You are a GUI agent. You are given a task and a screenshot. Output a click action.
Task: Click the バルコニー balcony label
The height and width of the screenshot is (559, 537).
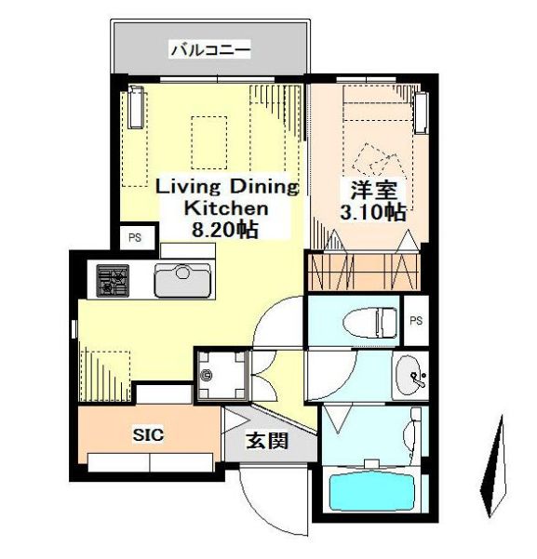(x=209, y=47)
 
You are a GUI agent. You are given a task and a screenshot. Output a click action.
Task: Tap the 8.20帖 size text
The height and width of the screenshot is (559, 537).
(x=224, y=229)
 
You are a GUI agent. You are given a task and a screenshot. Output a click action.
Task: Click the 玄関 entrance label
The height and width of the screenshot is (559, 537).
(x=265, y=440)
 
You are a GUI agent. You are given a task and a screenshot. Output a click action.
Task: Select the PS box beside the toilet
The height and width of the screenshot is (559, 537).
(x=415, y=321)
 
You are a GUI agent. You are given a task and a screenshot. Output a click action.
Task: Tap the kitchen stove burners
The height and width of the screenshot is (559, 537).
(x=114, y=280)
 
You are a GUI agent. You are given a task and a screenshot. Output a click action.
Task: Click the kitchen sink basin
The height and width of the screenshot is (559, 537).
(x=183, y=281)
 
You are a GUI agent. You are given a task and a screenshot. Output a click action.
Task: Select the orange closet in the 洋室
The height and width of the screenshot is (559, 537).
(x=362, y=272)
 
